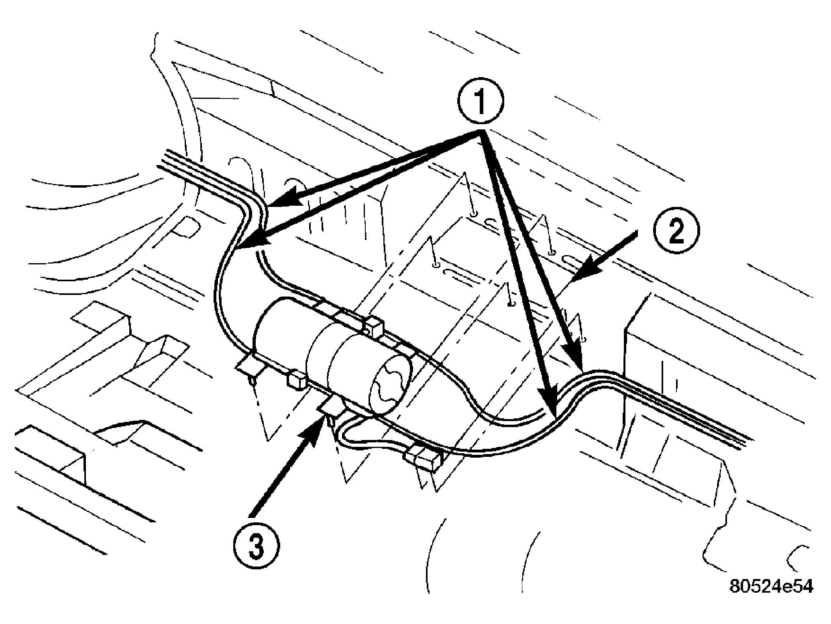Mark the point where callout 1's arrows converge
[480, 136]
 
